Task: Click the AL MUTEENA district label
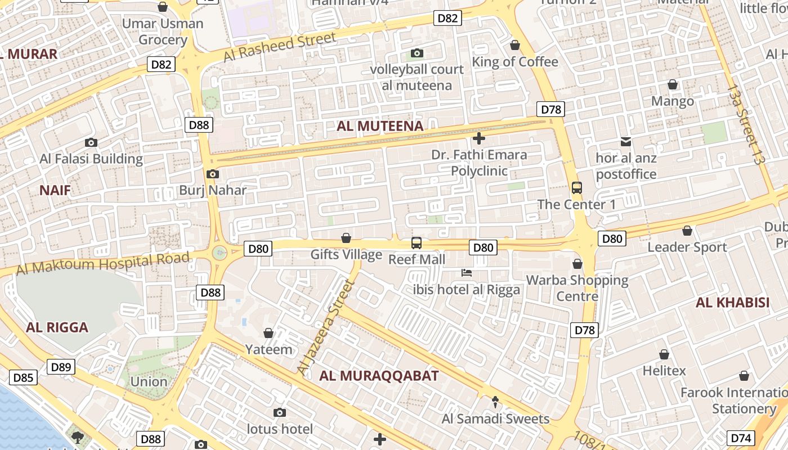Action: pyautogui.click(x=380, y=126)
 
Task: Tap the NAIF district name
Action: pyautogui.click(x=55, y=190)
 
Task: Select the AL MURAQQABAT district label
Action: pyautogui.click(x=379, y=376)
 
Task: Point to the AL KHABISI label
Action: pyautogui.click(x=732, y=303)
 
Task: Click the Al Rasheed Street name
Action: pyautogui.click(x=280, y=47)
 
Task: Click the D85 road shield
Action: pyautogui.click(x=23, y=377)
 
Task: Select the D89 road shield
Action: pyautogui.click(x=61, y=367)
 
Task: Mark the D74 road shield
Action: pyautogui.click(x=741, y=438)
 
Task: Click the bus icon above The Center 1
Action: pyautogui.click(x=576, y=188)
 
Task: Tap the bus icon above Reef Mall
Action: pyautogui.click(x=417, y=243)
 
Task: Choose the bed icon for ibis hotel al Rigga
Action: pyautogui.click(x=467, y=273)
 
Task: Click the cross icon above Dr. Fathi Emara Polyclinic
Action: pyautogui.click(x=479, y=138)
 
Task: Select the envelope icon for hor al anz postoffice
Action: pyautogui.click(x=626, y=142)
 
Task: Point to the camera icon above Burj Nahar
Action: pyautogui.click(x=212, y=174)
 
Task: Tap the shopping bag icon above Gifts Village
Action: pyautogui.click(x=346, y=238)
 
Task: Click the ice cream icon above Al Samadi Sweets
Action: pyautogui.click(x=495, y=402)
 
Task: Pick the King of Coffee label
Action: pyautogui.click(x=515, y=62)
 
